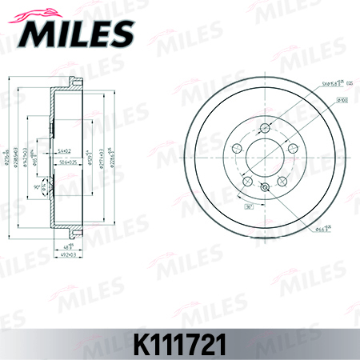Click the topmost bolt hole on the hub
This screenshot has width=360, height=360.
click(264, 127)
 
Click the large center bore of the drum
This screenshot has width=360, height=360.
click(264, 158)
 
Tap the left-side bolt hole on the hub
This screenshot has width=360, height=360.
click(235, 149)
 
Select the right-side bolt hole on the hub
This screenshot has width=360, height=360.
click(293, 149)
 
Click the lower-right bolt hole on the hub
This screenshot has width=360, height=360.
click(282, 182)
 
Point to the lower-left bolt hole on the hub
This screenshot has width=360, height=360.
click(246, 182)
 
